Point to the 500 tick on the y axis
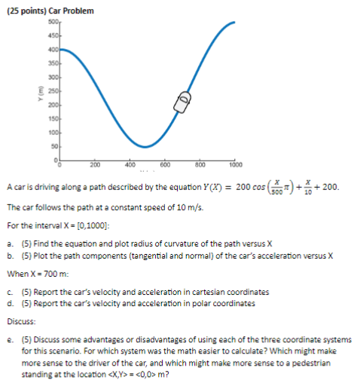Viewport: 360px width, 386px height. [x=53, y=26]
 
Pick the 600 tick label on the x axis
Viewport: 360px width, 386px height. [x=164, y=164]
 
